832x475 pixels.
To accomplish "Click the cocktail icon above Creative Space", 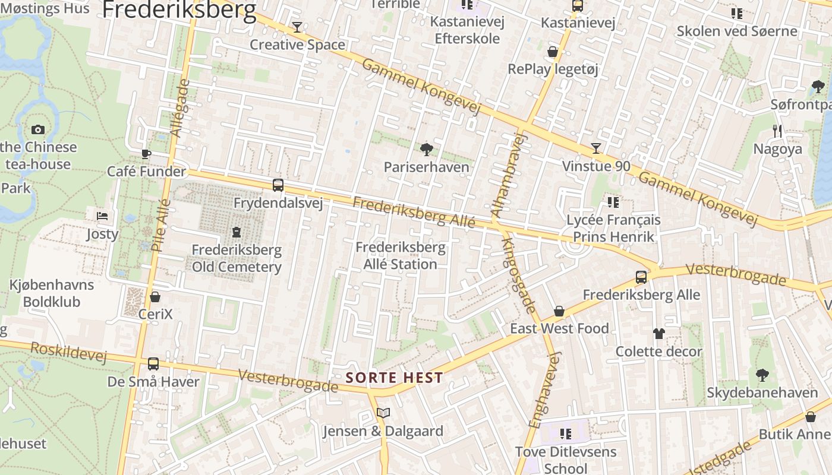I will click(297, 27).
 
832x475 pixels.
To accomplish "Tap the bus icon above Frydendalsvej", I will click(278, 185).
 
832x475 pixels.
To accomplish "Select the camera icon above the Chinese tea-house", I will click(38, 129).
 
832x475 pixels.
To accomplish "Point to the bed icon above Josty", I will click(102, 216).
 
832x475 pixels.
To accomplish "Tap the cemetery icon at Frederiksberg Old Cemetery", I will click(237, 232).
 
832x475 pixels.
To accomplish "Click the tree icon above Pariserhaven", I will click(426, 149).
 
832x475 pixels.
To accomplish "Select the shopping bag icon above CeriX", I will click(155, 296).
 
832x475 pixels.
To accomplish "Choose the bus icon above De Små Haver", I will click(153, 363).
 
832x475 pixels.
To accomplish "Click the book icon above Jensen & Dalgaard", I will click(383, 413).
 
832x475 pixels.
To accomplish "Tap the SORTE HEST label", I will click(395, 378).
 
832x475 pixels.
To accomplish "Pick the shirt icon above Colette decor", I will click(658, 333).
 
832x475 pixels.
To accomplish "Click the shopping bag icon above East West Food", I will click(559, 311).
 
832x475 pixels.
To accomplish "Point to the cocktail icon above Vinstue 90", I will click(596, 148).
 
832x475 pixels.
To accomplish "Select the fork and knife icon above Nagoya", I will click(777, 131).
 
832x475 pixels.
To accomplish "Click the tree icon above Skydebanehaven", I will click(762, 375).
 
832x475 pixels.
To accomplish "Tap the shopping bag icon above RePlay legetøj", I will click(553, 52).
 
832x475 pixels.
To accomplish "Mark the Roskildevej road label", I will click(68, 352).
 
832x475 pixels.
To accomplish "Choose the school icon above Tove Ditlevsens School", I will click(565, 434).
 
